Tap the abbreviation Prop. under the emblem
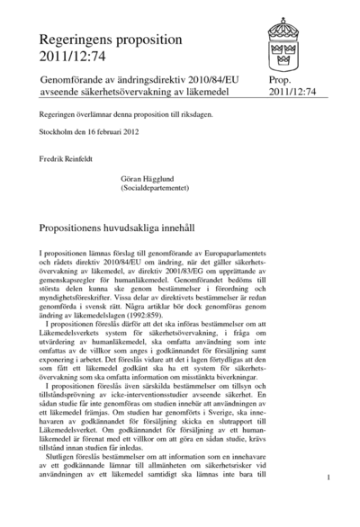281,80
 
